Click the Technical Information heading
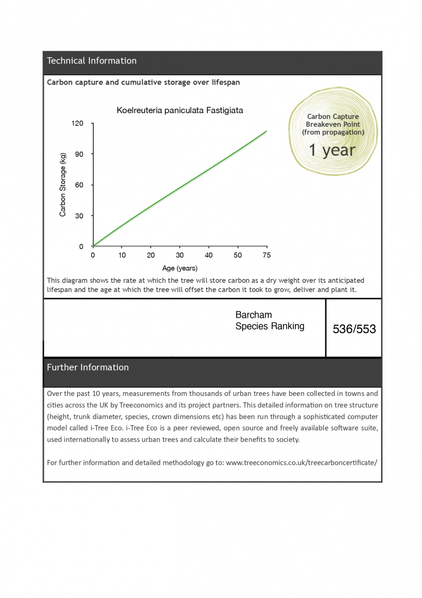[92, 61]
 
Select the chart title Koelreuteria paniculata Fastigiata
[179, 110]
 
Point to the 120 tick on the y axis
[77, 123]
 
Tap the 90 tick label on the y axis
[79, 154]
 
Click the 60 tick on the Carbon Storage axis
[79, 185]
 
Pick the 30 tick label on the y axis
[79, 216]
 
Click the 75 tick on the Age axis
[266, 255]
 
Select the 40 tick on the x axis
[208, 255]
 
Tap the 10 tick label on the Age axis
[122, 255]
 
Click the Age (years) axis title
[179, 268]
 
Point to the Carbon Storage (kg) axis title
[63, 185]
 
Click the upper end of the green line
[266, 131]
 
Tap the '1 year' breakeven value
[332, 150]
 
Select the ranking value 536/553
[354, 329]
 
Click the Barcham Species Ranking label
[269, 321]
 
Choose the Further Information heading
[87, 367]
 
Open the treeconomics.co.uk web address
[301, 462]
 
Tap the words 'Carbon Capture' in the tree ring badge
[333, 117]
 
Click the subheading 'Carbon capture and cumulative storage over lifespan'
[143, 82]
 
